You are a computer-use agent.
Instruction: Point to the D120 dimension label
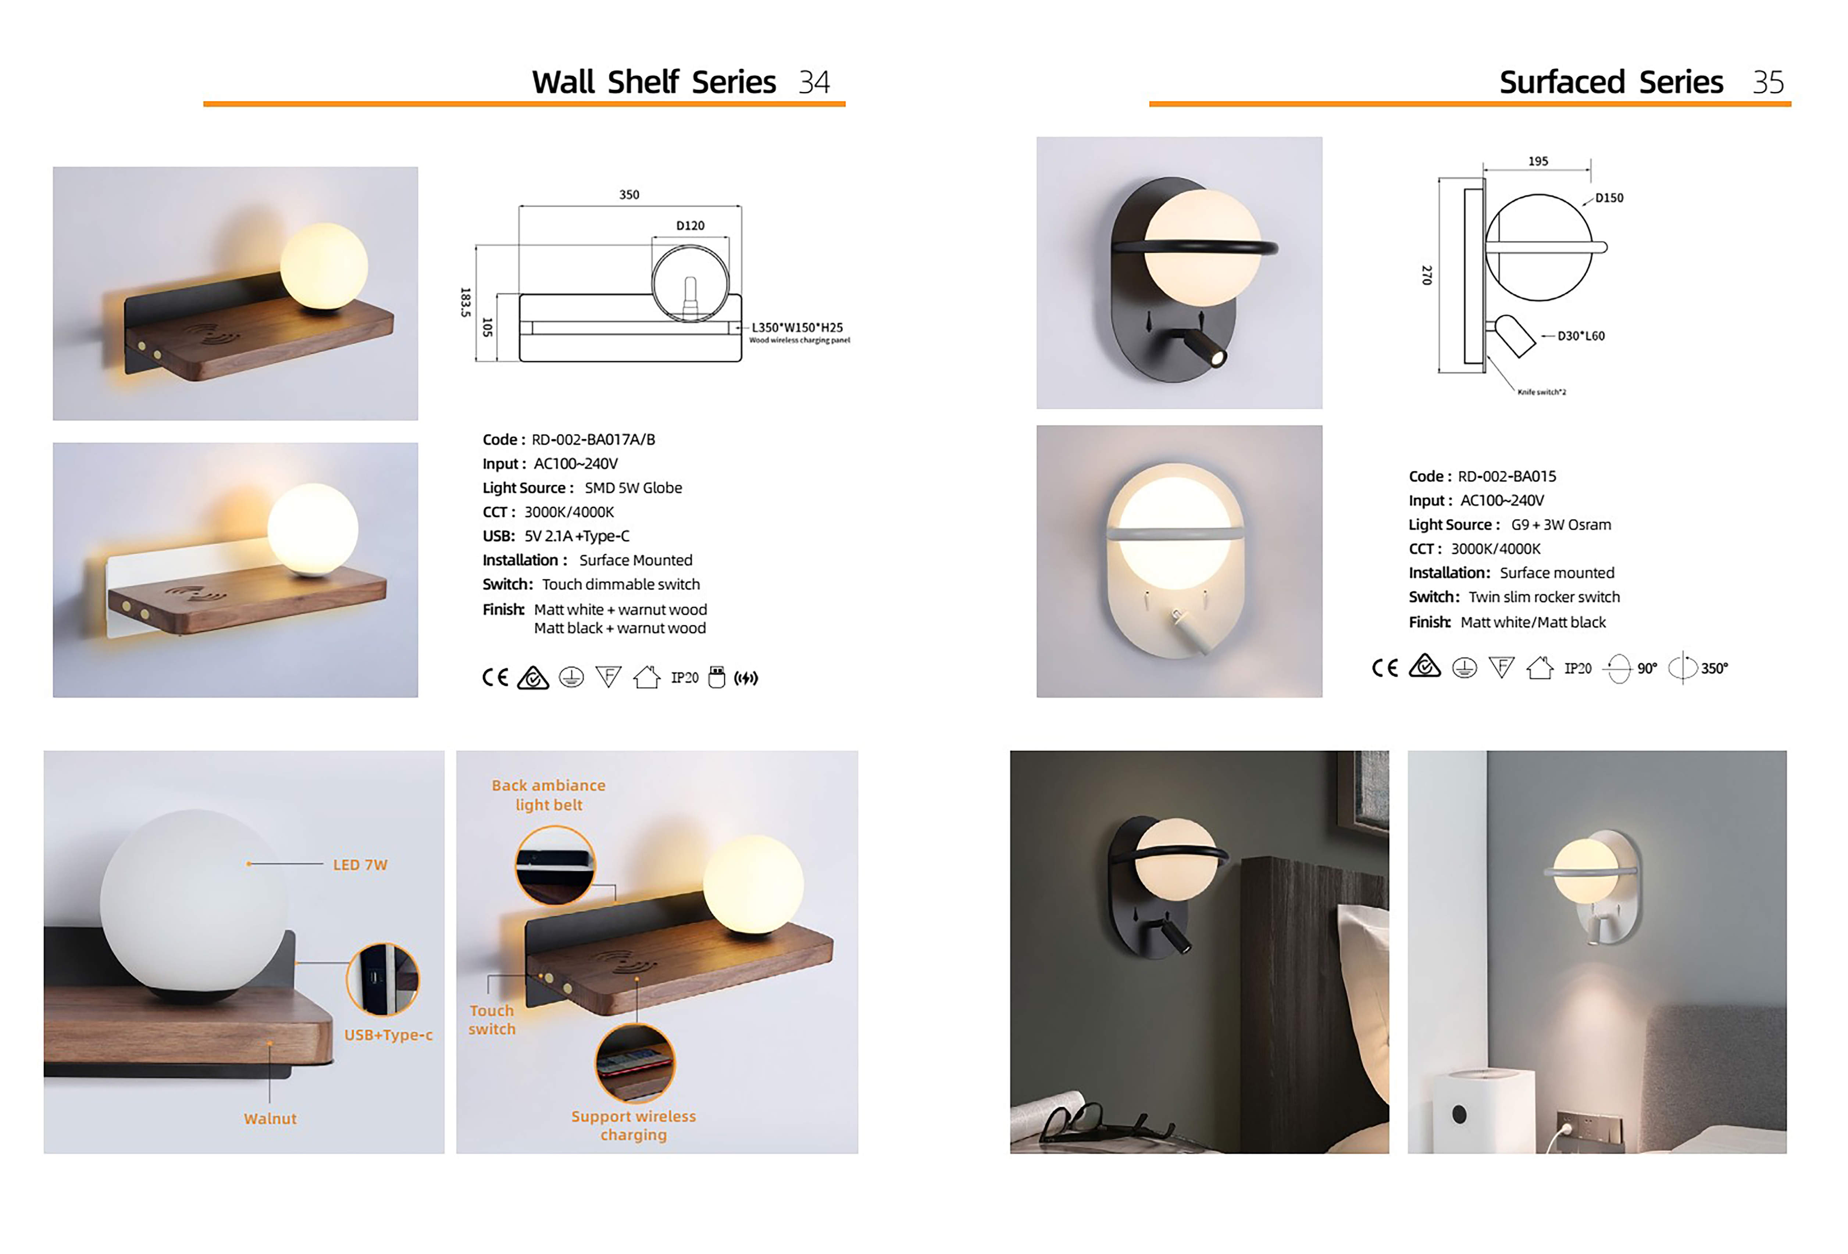(690, 226)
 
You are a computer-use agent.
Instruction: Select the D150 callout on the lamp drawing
(1609, 198)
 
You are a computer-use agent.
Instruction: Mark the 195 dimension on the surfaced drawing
(1538, 161)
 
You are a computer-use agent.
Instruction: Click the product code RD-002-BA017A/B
(593, 440)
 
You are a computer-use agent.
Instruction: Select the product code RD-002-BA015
(1507, 476)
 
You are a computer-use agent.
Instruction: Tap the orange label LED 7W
(360, 865)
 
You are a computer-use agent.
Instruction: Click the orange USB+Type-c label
(388, 1035)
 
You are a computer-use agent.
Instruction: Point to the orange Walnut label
(270, 1119)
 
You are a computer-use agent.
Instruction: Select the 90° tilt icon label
(1647, 669)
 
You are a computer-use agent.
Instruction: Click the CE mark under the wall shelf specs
(495, 677)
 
